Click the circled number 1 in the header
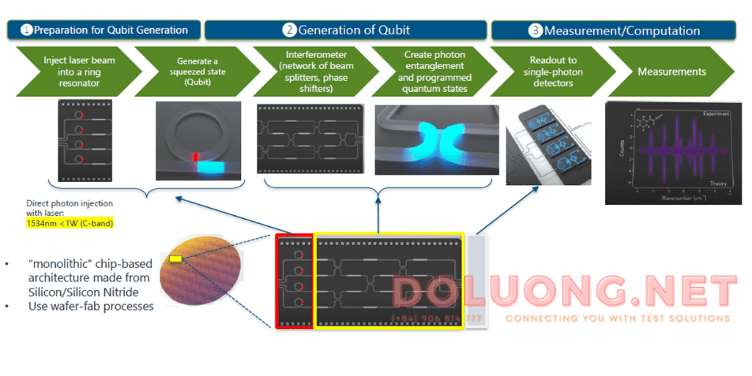point(26,31)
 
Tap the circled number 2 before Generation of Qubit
point(289,31)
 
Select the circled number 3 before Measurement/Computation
point(535,31)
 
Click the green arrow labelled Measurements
point(671,72)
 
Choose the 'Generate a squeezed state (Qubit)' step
point(200,72)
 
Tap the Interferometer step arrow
point(317,72)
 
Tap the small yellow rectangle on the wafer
point(176,258)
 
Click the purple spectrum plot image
point(668,153)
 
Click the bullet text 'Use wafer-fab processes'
point(91,306)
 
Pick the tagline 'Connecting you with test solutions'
point(617,319)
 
